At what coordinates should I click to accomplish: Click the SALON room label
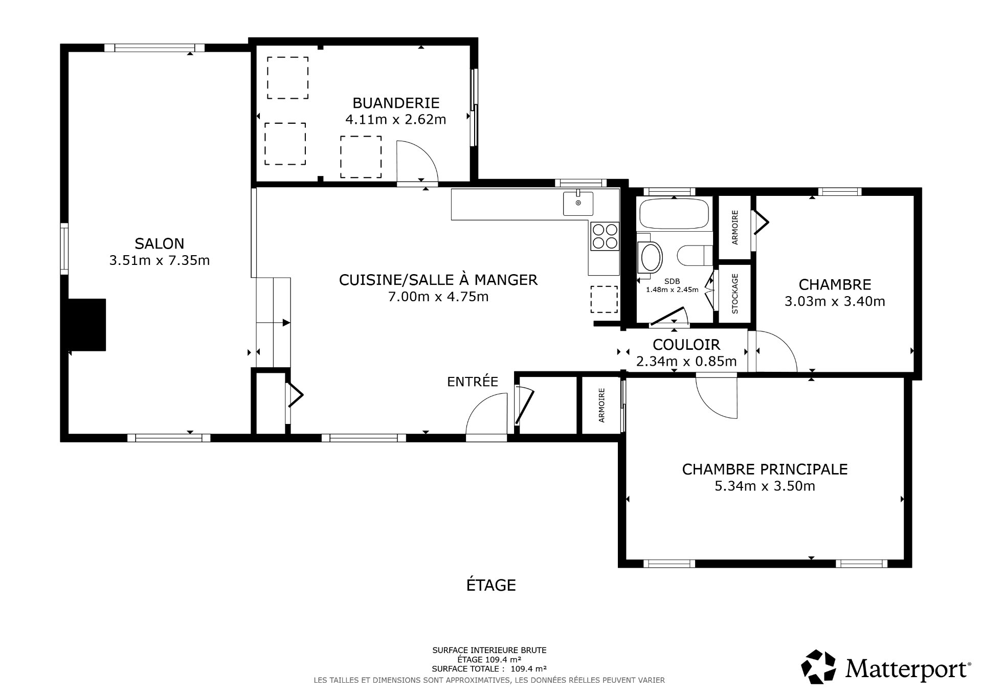click(159, 243)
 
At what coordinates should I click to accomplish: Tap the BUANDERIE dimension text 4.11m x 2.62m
click(395, 120)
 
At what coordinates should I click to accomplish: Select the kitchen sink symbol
click(578, 203)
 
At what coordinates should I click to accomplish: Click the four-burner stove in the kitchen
click(604, 236)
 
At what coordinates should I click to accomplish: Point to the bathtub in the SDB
click(674, 214)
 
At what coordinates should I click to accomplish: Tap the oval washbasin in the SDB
click(651, 257)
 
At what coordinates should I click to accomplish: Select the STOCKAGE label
click(735, 294)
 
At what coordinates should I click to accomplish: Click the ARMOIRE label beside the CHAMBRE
click(735, 227)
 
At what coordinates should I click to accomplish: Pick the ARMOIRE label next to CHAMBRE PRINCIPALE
click(601, 405)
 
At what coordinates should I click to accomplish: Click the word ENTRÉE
click(472, 382)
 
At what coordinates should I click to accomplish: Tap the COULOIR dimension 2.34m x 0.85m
click(686, 362)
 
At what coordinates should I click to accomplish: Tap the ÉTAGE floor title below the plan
click(490, 585)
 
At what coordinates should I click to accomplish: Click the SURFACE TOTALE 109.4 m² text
click(489, 668)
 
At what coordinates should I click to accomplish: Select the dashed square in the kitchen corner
click(604, 299)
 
